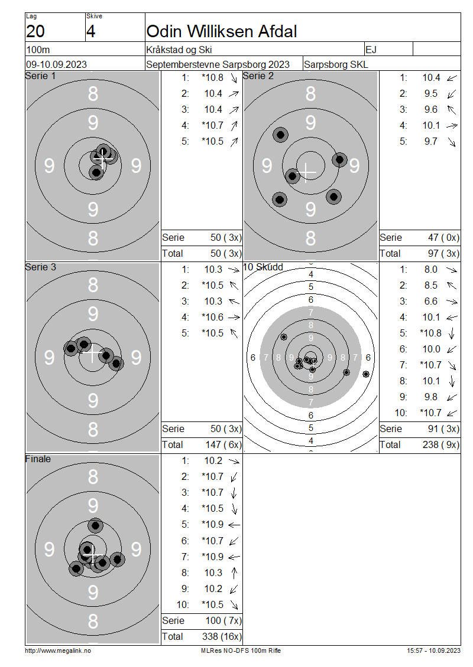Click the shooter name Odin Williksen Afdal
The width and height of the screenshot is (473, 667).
(222, 31)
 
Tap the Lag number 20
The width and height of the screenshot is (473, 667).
(35, 31)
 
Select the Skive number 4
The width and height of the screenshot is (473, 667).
(91, 31)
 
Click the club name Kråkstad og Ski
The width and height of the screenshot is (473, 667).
(179, 50)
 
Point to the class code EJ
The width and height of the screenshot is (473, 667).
(371, 50)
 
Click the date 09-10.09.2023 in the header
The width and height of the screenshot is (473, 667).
(56, 65)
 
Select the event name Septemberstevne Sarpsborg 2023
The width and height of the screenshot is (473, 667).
(218, 65)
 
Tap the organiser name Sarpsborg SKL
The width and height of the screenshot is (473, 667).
(336, 65)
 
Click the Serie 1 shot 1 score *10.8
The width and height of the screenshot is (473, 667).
(213, 77)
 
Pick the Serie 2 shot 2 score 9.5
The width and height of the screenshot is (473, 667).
(431, 94)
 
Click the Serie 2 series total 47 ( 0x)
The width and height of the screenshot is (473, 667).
(443, 237)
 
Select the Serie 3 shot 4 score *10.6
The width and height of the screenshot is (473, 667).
(213, 318)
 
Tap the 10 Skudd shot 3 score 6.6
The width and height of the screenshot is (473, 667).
(431, 301)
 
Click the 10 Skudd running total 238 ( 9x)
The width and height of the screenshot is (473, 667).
(441, 444)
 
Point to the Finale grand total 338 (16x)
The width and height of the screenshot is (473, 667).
(222, 636)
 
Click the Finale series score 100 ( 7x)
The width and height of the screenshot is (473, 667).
(223, 620)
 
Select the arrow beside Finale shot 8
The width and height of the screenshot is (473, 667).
(234, 573)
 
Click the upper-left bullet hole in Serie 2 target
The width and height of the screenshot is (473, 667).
(280, 135)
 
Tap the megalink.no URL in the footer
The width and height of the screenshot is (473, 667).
(58, 650)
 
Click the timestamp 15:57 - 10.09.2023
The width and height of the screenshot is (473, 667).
(433, 650)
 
